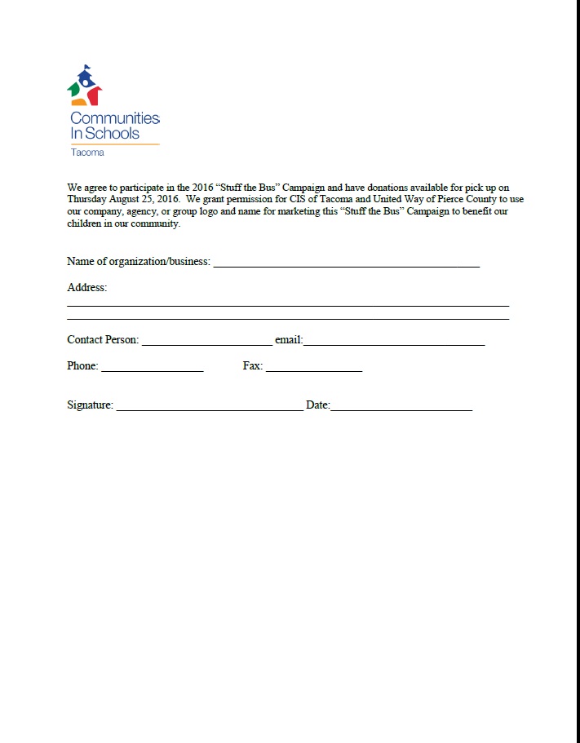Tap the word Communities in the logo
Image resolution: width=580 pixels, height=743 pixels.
[115, 118]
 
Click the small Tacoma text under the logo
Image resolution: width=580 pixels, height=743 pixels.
[87, 153]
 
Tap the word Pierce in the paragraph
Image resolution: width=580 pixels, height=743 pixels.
[449, 198]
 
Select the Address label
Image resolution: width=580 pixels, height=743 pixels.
[86, 288]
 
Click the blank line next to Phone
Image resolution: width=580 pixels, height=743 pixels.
[152, 369]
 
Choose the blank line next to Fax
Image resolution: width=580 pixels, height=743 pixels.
[313, 369]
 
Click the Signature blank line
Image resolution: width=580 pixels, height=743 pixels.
[210, 408]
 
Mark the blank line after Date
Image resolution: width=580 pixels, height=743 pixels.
[401, 408]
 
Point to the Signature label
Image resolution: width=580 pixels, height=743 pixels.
[90, 405]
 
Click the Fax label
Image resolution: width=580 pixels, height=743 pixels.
[252, 366]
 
